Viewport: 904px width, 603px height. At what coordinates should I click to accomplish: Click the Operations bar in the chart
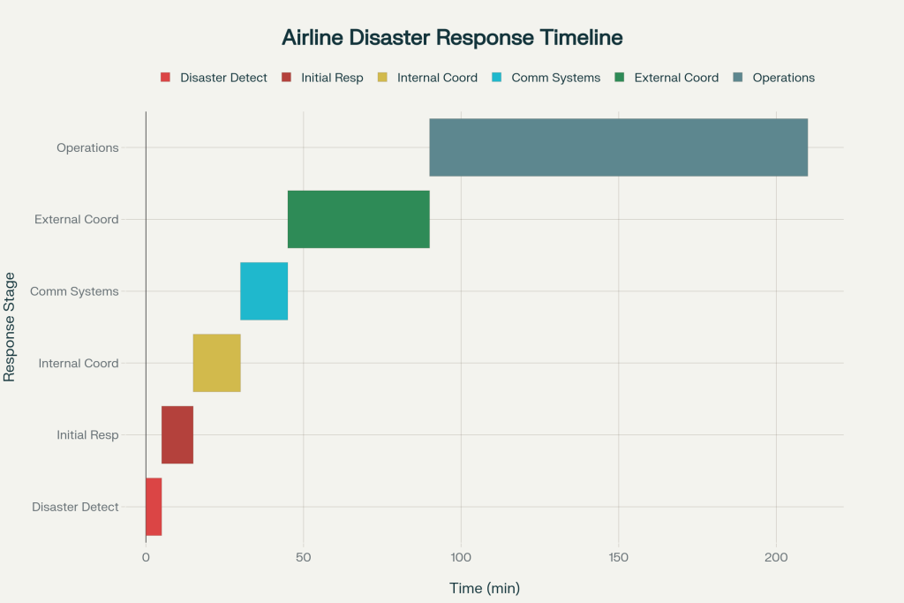coord(618,147)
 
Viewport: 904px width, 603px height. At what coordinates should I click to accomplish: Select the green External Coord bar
coord(358,219)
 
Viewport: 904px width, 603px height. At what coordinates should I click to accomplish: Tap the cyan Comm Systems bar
coord(264,291)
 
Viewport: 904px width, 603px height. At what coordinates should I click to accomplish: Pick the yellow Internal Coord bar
coord(216,363)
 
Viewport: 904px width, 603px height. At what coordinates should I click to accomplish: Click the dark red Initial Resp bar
coord(177,434)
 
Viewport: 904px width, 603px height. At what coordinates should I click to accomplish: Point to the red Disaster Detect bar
coord(154,507)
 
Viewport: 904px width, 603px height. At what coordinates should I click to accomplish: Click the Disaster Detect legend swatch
coord(165,78)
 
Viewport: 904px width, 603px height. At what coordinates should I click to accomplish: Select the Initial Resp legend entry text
coord(332,78)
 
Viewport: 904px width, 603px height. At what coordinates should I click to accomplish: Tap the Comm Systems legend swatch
coord(496,78)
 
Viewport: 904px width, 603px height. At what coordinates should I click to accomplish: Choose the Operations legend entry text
coord(783,78)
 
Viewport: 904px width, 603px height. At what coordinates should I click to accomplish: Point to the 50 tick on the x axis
coord(303,557)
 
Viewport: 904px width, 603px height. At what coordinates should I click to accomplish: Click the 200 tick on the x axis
coord(776,557)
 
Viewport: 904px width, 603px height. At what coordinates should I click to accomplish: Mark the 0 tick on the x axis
coord(146,557)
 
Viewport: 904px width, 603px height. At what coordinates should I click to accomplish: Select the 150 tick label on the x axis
coord(618,557)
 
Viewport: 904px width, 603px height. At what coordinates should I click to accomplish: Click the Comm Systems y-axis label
coord(74,291)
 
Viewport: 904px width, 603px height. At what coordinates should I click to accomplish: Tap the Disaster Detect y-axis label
coord(75,507)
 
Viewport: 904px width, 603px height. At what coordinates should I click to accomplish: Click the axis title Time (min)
coord(485,588)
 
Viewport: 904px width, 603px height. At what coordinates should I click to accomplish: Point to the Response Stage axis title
coord(10,327)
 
